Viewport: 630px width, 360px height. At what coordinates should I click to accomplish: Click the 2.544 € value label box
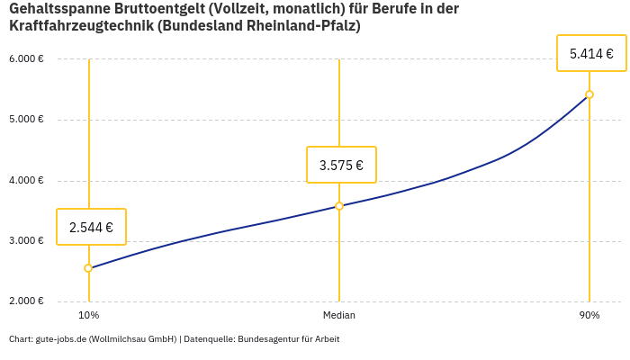(91, 227)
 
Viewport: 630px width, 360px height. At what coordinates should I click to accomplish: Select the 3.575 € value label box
(341, 165)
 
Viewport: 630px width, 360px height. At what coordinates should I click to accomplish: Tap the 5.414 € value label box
(591, 54)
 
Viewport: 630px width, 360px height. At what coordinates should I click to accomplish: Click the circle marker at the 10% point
(88, 268)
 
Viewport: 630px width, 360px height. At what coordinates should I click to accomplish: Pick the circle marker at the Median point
(339, 206)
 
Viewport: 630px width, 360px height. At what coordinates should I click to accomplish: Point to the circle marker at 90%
(589, 94)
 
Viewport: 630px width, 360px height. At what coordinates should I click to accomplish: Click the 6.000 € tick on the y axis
(26, 59)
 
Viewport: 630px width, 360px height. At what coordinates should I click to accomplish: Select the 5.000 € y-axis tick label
(26, 120)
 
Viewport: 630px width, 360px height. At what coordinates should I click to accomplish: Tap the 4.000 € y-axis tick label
(26, 180)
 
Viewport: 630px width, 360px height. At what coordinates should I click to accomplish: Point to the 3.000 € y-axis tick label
(26, 241)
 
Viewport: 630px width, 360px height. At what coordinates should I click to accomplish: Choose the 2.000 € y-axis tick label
(26, 301)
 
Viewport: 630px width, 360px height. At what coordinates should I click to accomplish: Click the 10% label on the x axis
(88, 316)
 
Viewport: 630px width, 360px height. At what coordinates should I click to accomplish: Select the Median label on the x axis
(339, 316)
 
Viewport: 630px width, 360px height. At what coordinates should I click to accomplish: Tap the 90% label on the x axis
(589, 316)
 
